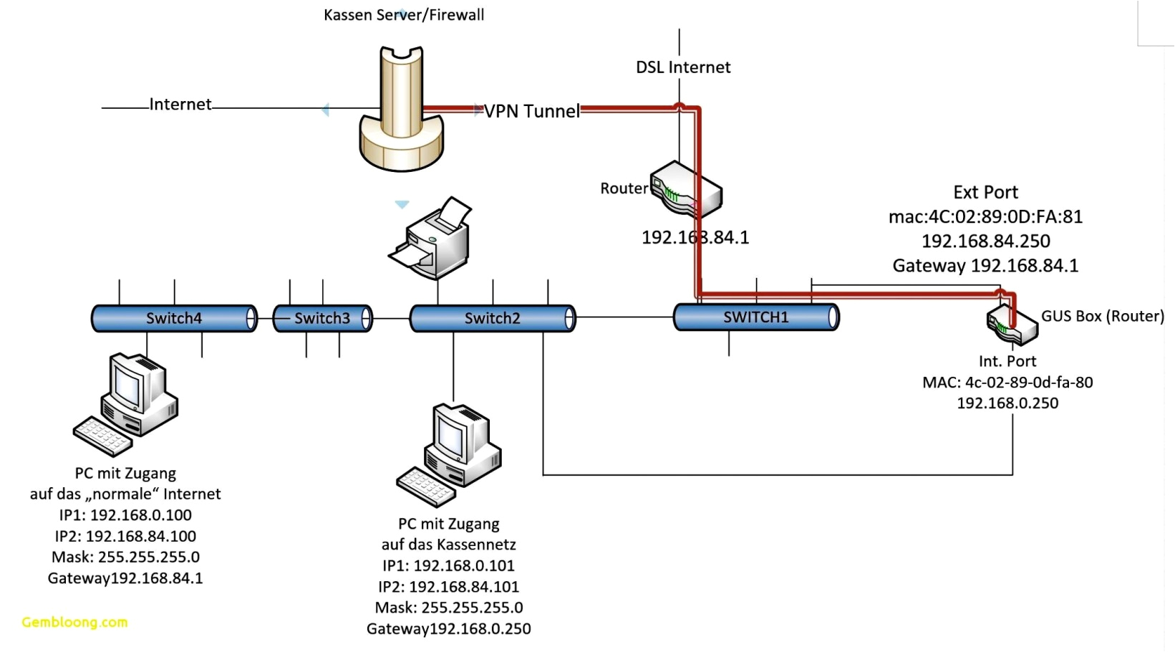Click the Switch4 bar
[x=174, y=318]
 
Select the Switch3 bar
[x=322, y=318]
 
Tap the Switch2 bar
[x=492, y=318]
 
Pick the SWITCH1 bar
[x=755, y=317]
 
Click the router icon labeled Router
[x=685, y=190]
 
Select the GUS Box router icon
[x=1011, y=325]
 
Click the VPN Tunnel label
[x=532, y=111]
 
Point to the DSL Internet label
[x=683, y=67]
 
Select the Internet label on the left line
[x=180, y=105]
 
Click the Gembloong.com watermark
[x=74, y=622]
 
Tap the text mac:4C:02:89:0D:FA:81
[x=985, y=216]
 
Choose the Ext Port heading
[x=985, y=192]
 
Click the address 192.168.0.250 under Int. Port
[x=1007, y=403]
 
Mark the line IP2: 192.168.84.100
[x=125, y=536]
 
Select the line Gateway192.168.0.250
[x=449, y=629]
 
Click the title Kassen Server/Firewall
[x=404, y=14]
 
